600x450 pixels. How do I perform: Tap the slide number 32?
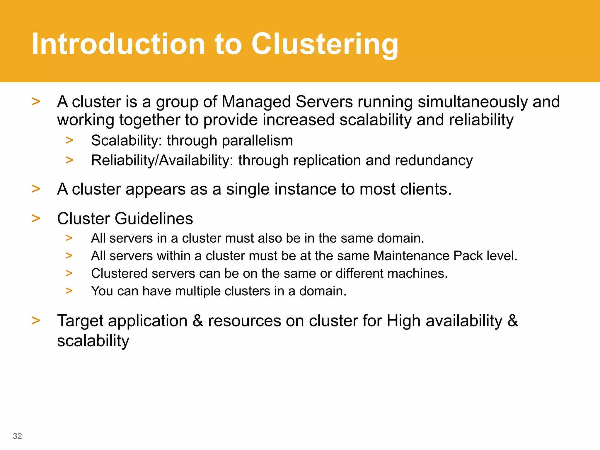[17, 436]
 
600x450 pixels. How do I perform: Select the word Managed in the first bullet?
[256, 102]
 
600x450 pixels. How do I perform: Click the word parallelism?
[257, 141]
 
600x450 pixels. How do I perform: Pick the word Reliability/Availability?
[162, 161]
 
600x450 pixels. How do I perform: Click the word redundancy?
[434, 161]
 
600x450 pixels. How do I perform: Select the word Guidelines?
[154, 219]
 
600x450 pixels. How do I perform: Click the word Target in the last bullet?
[80, 321]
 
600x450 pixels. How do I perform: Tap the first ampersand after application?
[198, 321]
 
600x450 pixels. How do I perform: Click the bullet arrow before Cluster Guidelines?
[36, 219]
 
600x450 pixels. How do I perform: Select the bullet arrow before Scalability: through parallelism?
[69, 141]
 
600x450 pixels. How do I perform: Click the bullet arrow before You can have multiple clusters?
[69, 291]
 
